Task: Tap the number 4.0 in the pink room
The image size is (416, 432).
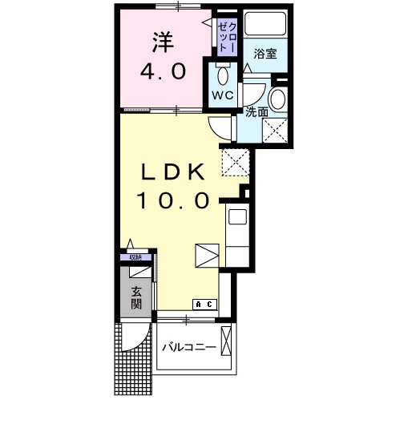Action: coord(164,71)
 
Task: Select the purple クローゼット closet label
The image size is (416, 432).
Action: coord(226,37)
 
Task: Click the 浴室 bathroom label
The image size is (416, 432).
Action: coord(265,55)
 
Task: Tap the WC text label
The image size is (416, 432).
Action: coord(221,95)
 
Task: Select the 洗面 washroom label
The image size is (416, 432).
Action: coord(256,111)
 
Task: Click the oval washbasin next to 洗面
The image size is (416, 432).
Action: coord(277,99)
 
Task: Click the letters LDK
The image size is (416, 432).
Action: coord(176,172)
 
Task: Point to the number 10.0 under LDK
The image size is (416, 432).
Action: coord(176,200)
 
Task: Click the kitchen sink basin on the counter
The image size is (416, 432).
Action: coord(237,216)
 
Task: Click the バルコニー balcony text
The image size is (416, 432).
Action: coord(188,347)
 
